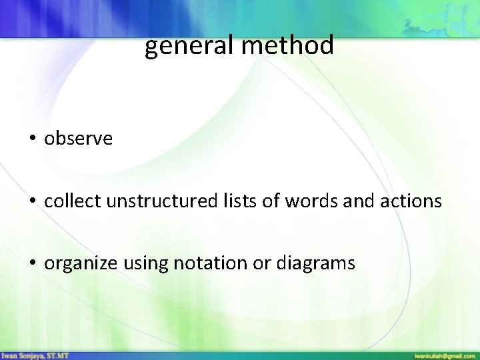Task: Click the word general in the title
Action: coord(183,47)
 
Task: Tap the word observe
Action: coord(79,139)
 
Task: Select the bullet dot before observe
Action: coord(32,139)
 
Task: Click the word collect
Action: coord(68,201)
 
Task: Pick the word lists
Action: coord(231,201)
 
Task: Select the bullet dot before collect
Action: coord(32,201)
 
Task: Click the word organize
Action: coord(81,264)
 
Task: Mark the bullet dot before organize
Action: coord(32,264)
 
